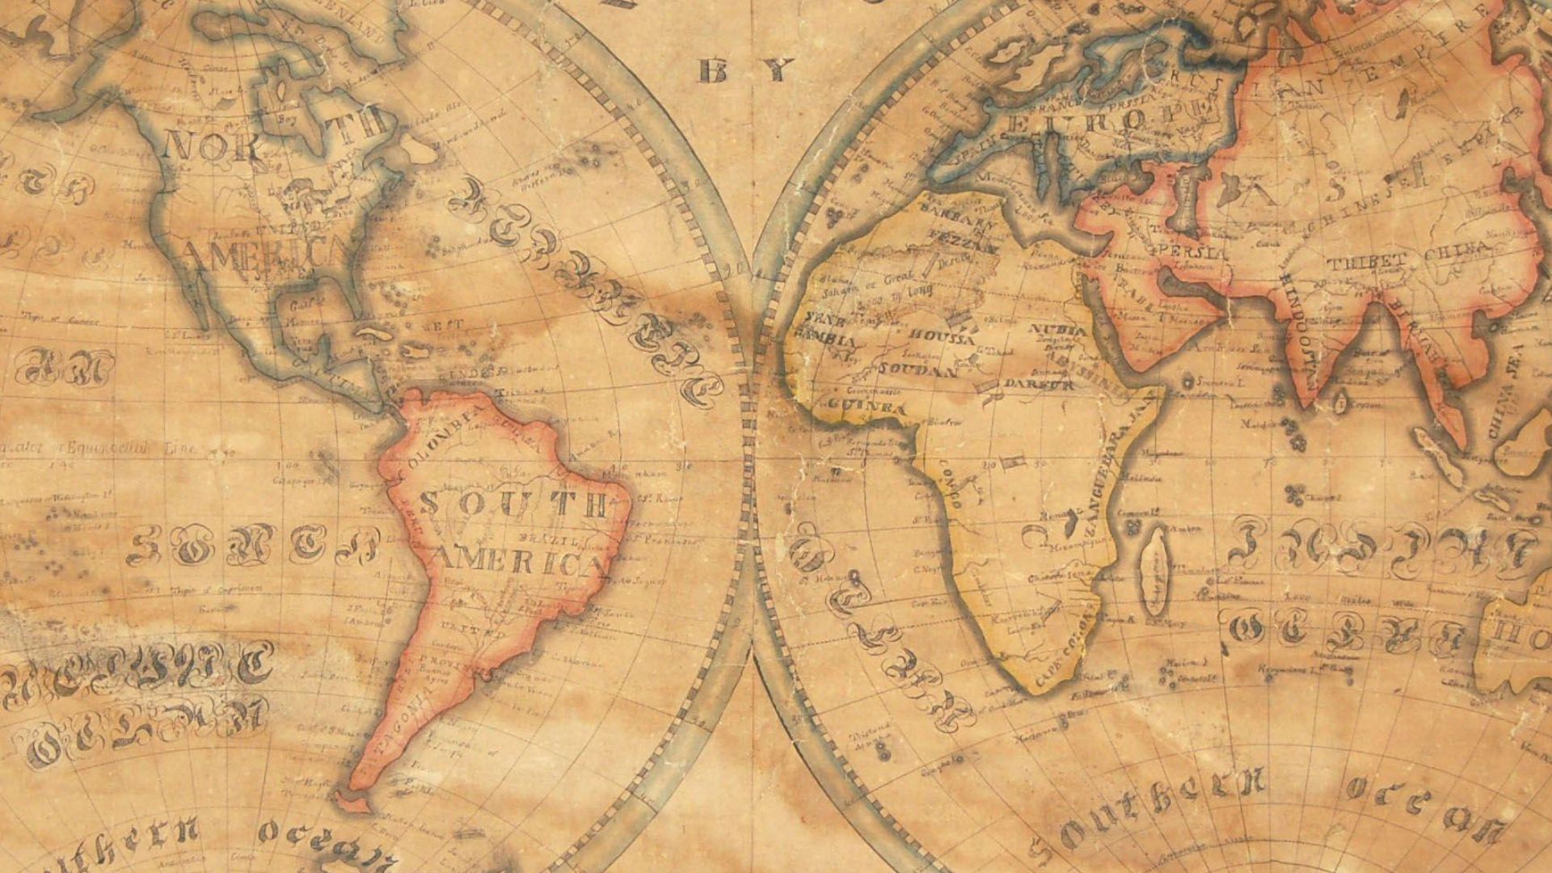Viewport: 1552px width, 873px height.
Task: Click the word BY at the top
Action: (x=744, y=71)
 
